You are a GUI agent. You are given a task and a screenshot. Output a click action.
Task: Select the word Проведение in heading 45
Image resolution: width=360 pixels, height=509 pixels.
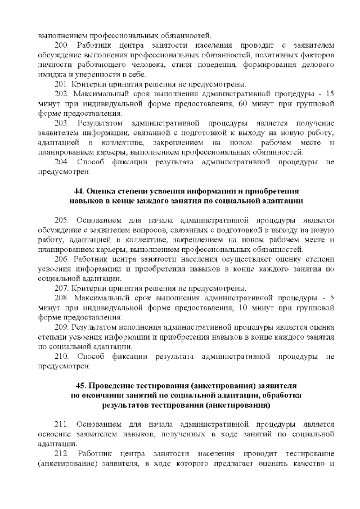pyautogui.click(x=116, y=385)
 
